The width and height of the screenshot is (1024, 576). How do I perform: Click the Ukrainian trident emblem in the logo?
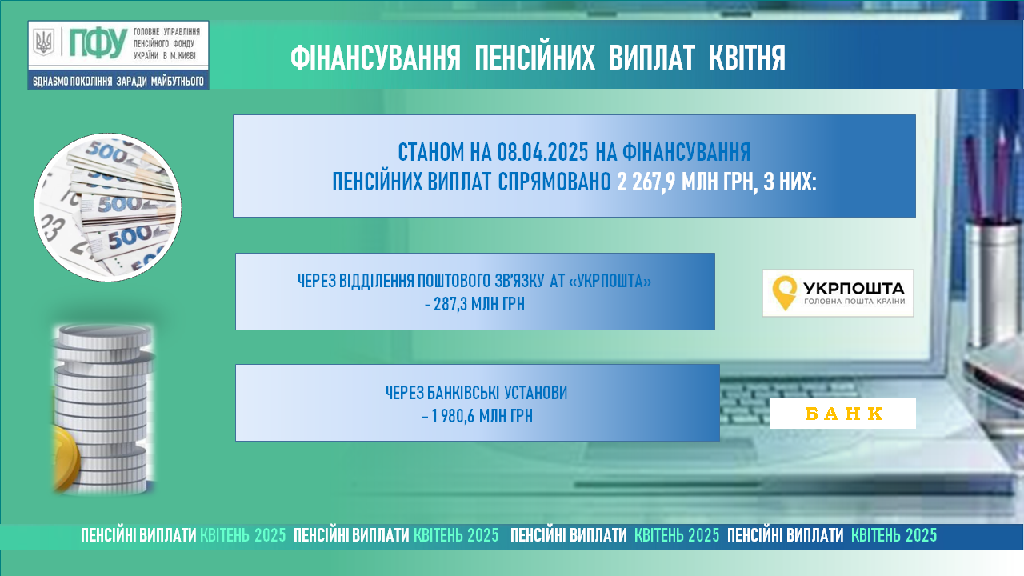coord(44,42)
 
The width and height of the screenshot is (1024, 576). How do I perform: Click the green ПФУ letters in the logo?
coord(98,43)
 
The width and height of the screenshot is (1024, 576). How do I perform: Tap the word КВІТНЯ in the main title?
coord(747,58)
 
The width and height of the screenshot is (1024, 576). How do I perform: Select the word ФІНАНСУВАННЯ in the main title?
coord(375,58)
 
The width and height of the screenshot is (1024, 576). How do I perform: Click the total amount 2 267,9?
coord(646,182)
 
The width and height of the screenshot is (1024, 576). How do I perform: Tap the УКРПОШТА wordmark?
coord(854,288)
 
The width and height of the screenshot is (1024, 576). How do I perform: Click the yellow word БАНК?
coord(843,414)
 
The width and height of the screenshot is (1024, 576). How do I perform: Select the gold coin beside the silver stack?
coord(66,458)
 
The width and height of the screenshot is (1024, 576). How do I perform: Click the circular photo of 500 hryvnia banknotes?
coord(107,207)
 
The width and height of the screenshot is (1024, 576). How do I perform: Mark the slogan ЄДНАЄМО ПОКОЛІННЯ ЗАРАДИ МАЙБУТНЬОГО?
coord(118,82)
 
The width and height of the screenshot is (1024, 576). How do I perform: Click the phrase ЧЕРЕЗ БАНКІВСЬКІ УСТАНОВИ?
coord(476,393)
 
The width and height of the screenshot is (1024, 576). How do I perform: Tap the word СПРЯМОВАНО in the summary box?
coord(554,182)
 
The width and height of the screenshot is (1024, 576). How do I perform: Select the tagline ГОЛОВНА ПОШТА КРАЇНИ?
coord(854,302)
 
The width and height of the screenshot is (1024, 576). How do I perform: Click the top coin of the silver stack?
coord(105,335)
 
